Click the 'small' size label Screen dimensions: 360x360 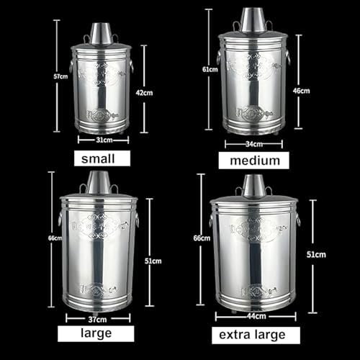point(102,158)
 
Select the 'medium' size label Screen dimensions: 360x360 point(253,160)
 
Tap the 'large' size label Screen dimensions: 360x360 point(96,333)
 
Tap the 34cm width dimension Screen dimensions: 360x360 point(253,143)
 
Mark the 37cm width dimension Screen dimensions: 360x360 point(98,317)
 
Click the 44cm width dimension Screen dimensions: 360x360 point(254,315)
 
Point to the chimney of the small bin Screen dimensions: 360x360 point(101,33)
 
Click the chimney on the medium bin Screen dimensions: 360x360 point(253,21)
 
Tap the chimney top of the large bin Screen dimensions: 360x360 point(98,181)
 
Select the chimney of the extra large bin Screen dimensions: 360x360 point(253,186)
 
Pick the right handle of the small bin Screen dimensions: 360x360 point(132,66)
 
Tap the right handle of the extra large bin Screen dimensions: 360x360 point(297,218)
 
